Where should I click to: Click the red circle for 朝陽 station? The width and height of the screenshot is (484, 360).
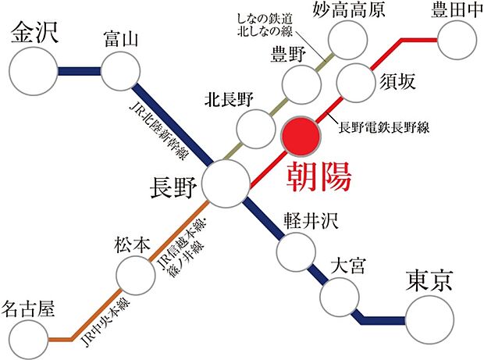[x=301, y=137]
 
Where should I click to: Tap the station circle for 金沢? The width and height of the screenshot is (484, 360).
[x=34, y=71]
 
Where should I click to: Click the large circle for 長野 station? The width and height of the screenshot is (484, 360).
[x=226, y=185]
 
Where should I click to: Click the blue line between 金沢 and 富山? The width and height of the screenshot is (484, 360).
[x=78, y=72]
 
